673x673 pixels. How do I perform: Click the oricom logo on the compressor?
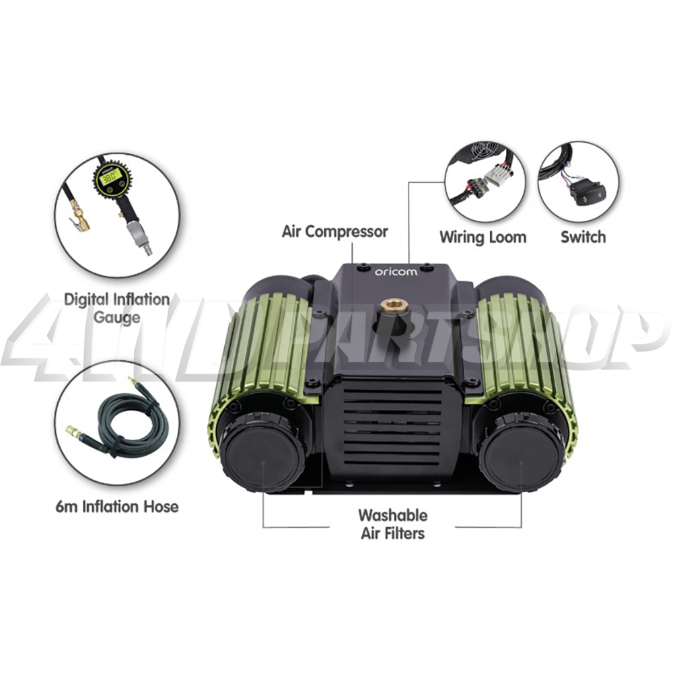pyautogui.click(x=396, y=272)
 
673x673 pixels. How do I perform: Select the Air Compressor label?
pyautogui.click(x=334, y=232)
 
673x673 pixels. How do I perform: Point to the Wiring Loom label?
pyautogui.click(x=483, y=237)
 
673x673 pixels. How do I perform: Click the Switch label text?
pyautogui.click(x=583, y=237)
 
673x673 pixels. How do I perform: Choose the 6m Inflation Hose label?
pyautogui.click(x=117, y=505)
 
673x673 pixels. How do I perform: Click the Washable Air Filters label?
pyautogui.click(x=392, y=524)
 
